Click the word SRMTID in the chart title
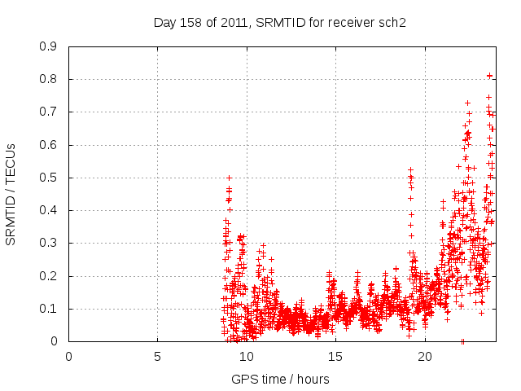point(281,22)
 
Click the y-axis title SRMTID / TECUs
point(11,194)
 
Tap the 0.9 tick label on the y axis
point(48,46)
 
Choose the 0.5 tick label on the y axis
point(48,178)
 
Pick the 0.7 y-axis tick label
point(48,112)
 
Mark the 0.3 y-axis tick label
point(48,243)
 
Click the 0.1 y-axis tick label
point(48,309)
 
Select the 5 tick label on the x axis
point(157,356)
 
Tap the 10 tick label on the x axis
point(247,356)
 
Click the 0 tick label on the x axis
point(68,356)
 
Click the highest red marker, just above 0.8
point(489,76)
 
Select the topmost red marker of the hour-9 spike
point(229,178)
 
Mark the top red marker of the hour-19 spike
point(410,170)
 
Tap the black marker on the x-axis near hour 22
point(462,341)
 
